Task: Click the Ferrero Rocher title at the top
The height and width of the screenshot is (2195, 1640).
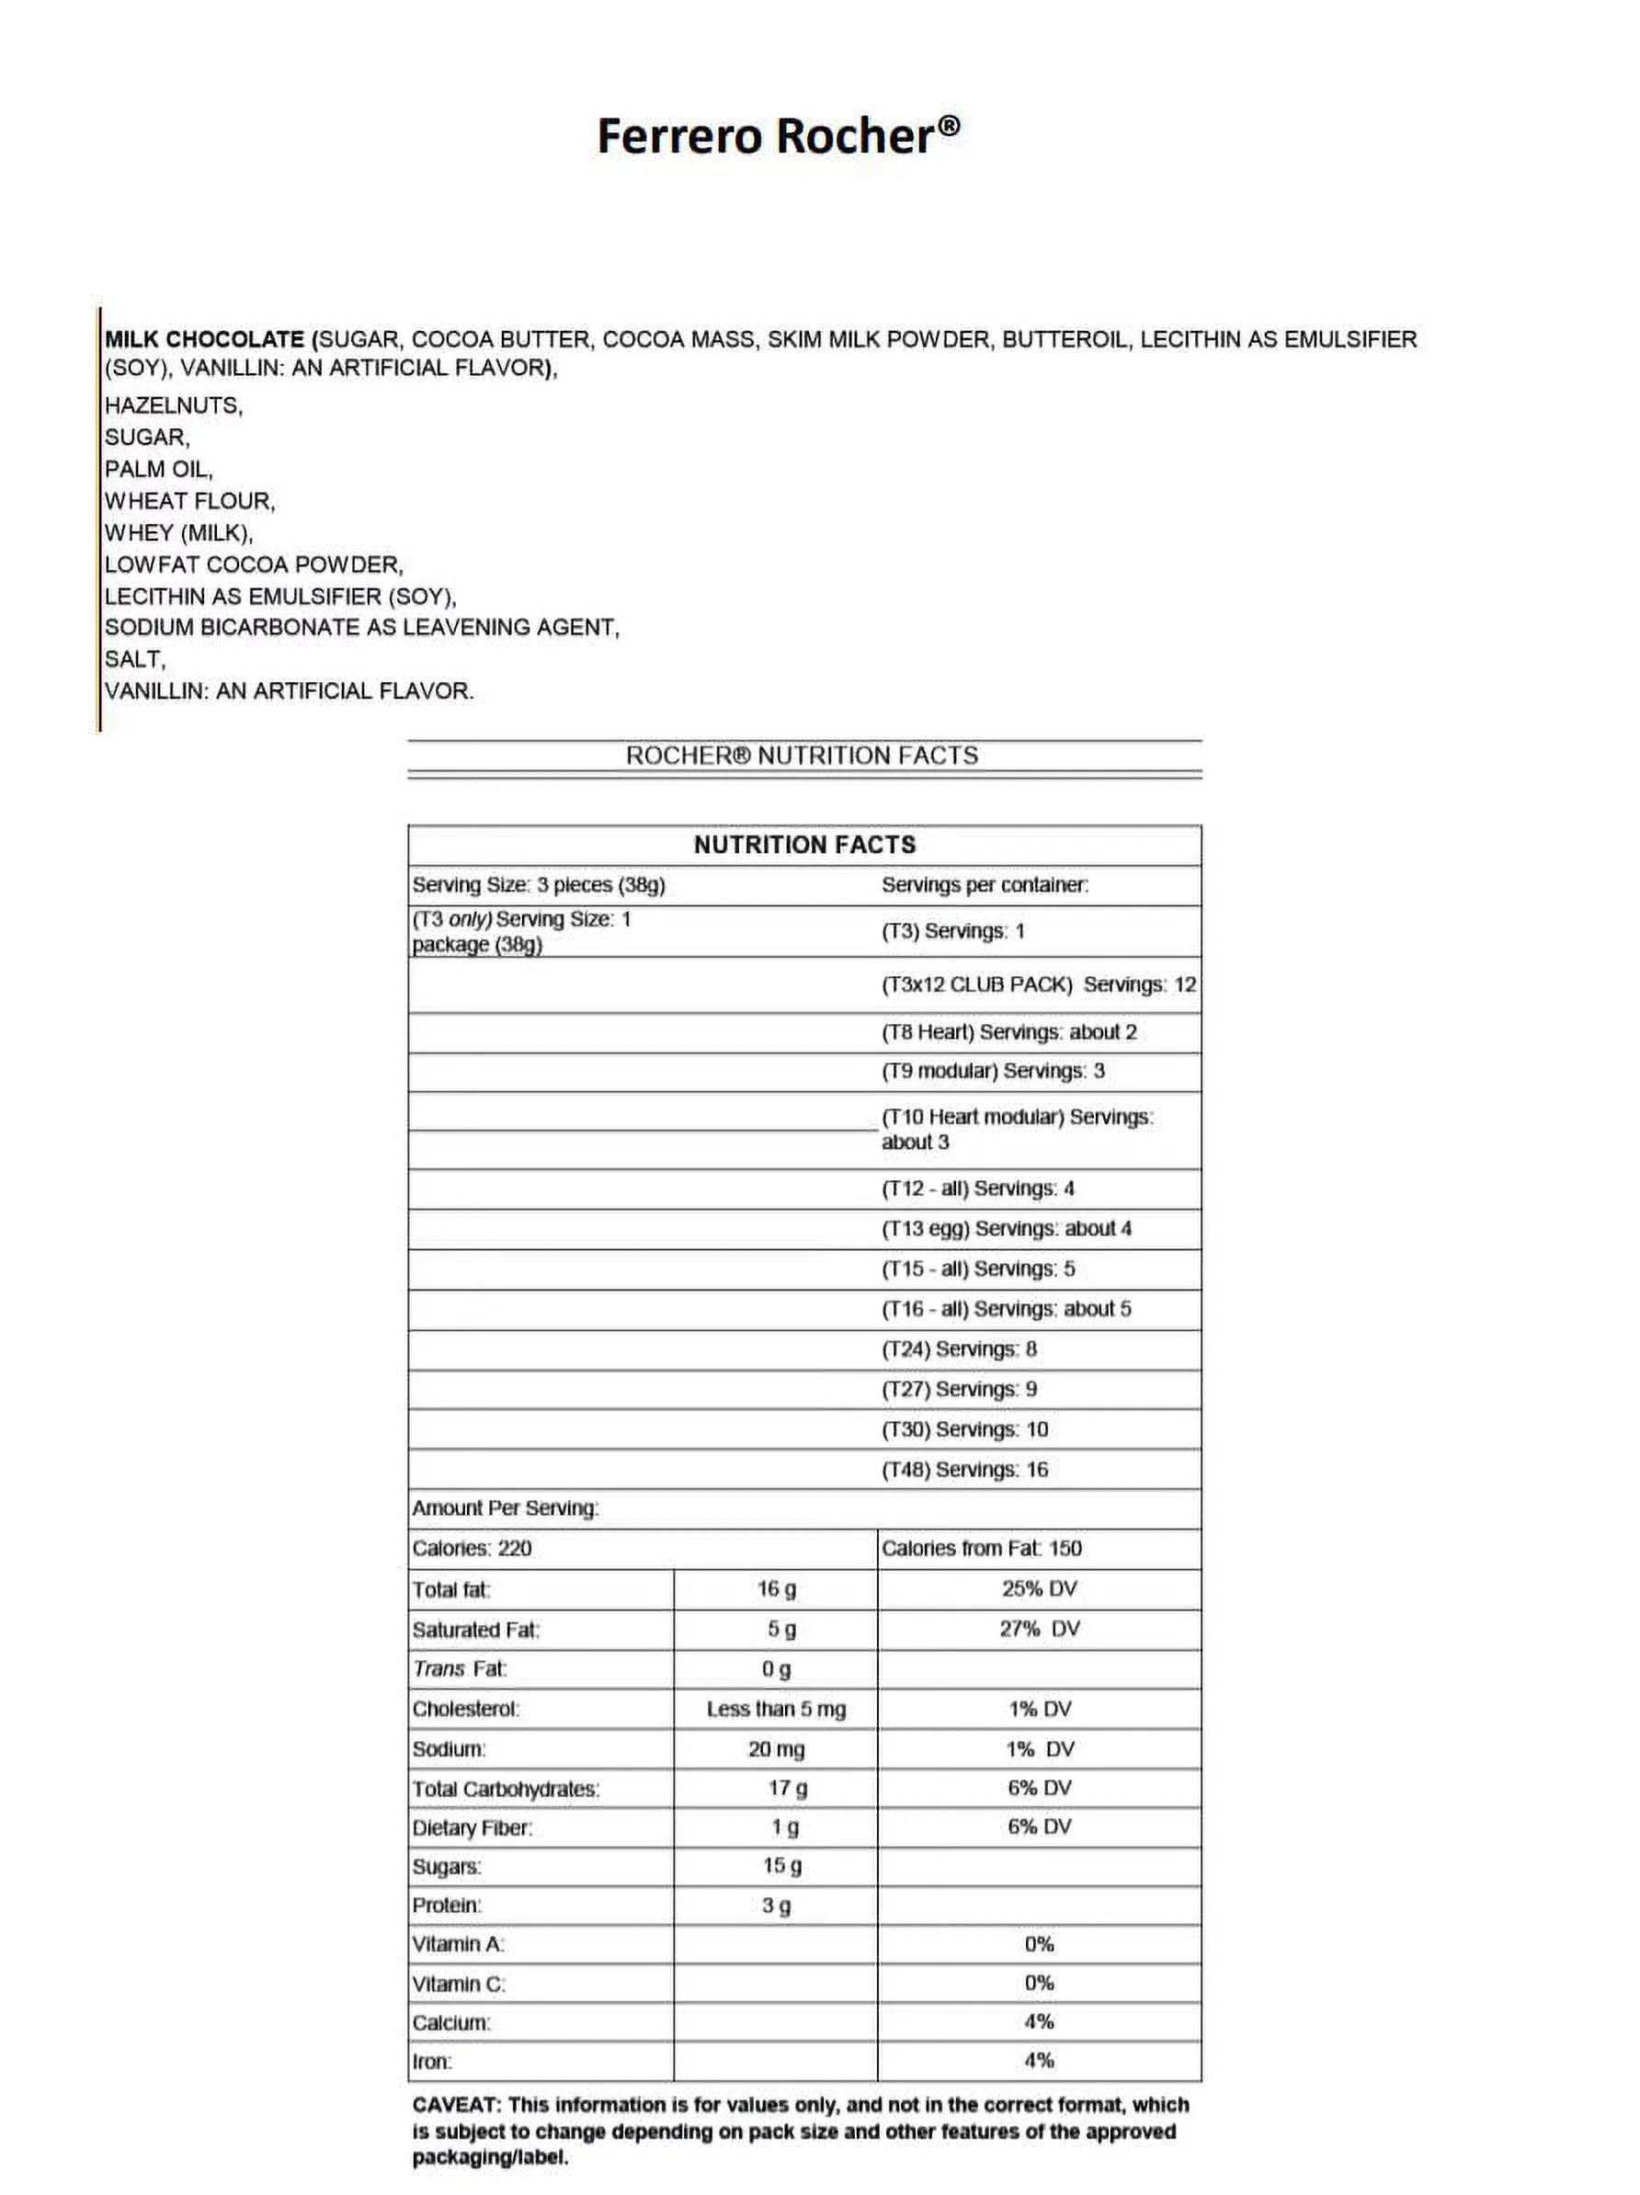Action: [x=777, y=136]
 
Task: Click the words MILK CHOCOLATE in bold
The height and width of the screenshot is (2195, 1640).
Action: [x=203, y=339]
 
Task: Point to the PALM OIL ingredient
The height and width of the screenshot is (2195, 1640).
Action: [x=159, y=469]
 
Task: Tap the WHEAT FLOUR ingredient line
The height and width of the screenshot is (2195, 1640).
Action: [x=189, y=501]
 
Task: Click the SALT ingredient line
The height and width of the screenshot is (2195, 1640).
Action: [x=135, y=659]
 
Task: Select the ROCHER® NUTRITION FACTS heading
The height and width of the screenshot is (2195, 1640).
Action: [x=802, y=756]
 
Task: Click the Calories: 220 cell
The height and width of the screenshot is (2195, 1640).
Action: [x=473, y=1548]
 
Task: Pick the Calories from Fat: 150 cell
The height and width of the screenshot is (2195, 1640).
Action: [x=981, y=1548]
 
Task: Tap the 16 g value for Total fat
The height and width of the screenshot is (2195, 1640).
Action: [x=776, y=1588]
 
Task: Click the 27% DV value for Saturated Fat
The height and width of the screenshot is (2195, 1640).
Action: [x=1039, y=1629]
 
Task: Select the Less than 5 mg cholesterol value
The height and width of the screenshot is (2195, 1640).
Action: [x=776, y=1709]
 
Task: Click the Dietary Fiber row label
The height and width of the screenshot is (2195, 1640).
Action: [x=473, y=1828]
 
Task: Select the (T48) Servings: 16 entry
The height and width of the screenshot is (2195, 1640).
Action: [x=964, y=1470]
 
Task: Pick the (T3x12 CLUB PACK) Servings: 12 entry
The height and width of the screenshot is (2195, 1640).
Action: [x=1039, y=984]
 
